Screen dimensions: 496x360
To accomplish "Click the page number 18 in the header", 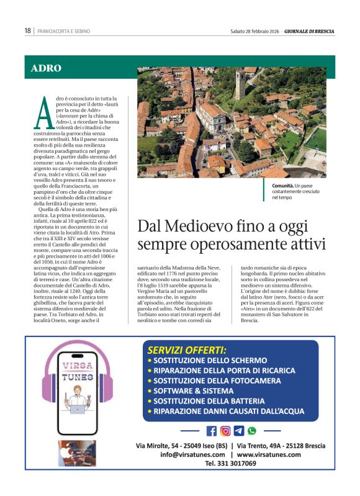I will coord(27,30).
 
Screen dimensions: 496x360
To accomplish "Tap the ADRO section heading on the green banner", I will coord(46,68).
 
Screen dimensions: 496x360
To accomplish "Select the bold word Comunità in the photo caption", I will coord(283,186).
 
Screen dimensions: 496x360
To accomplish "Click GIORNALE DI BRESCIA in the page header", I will coord(308,31).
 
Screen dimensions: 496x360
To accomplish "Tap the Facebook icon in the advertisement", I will coord(212,430).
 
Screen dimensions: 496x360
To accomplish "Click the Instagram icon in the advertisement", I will coord(225,430).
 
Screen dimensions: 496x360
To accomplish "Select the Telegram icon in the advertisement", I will coord(238,430).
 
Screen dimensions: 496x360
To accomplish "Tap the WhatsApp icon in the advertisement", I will coord(251,430).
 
